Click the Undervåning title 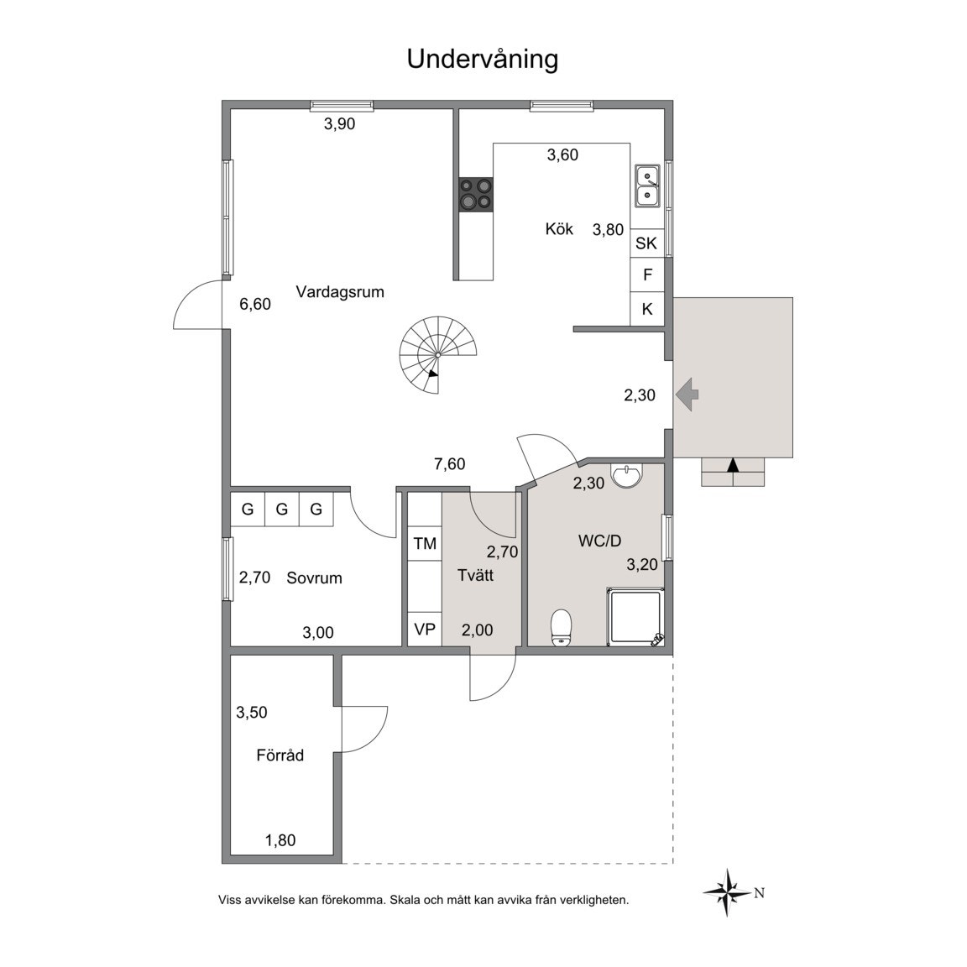(483, 60)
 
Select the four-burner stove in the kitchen (475, 194)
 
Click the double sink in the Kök (647, 186)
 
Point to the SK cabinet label (646, 243)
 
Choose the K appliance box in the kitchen (647, 309)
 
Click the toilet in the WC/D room (562, 628)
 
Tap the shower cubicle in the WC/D (635, 617)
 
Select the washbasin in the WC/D (627, 474)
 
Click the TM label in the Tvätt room (425, 543)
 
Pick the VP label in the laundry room (425, 630)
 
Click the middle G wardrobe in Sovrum (282, 510)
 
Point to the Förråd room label (280, 755)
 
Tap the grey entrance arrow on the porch (687, 394)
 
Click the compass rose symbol (729, 892)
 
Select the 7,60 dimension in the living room (450, 463)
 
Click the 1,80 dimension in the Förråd (280, 840)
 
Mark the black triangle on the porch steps (733, 465)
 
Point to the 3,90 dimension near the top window (340, 124)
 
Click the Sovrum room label (314, 578)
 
